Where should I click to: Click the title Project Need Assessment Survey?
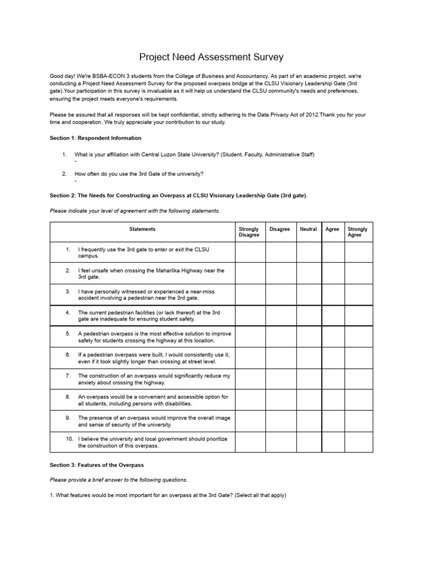pyautogui.click(x=211, y=57)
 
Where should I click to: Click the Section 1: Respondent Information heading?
pyautogui.click(x=95, y=138)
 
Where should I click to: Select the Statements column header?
pyautogui.click(x=142, y=229)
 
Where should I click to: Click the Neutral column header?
pyautogui.click(x=308, y=229)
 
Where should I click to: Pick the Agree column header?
pyautogui.click(x=333, y=229)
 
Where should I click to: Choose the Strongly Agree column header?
pyautogui.click(x=359, y=232)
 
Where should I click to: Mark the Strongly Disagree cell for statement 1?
pyautogui.click(x=250, y=253)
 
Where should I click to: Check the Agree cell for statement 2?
pyautogui.click(x=333, y=274)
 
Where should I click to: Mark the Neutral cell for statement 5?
pyautogui.click(x=308, y=336)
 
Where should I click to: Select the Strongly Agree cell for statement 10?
pyautogui.click(x=359, y=442)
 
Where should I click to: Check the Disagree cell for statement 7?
pyautogui.click(x=281, y=379)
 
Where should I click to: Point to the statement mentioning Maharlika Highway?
pyautogui.click(x=151, y=274)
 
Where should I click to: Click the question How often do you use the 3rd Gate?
pyautogui.click(x=139, y=174)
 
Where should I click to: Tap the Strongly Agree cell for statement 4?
pyautogui.click(x=359, y=316)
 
